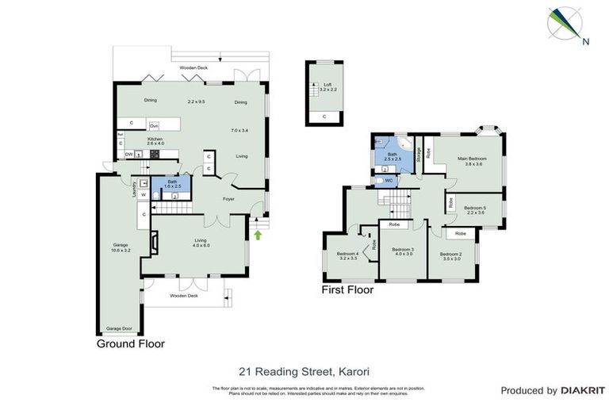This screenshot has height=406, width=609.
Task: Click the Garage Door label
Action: (x=120, y=327)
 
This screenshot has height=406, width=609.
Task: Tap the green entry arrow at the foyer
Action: (x=257, y=235)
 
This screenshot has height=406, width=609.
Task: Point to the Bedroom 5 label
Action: (x=476, y=209)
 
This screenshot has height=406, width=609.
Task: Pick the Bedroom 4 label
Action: (x=347, y=256)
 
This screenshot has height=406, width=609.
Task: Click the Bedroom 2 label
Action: (x=451, y=256)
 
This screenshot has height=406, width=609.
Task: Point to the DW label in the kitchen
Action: (x=128, y=154)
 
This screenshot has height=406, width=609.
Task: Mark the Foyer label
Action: (x=228, y=199)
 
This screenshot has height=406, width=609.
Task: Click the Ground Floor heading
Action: (x=131, y=344)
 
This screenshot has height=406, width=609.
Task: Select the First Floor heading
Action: (x=347, y=290)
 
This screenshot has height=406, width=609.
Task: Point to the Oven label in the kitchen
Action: (x=155, y=126)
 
